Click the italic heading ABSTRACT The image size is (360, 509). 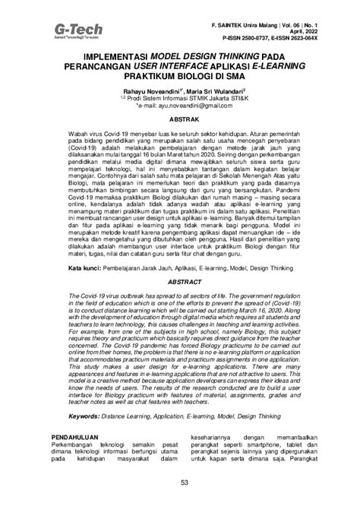tap(180, 282)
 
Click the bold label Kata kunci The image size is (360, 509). tap(84, 269)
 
